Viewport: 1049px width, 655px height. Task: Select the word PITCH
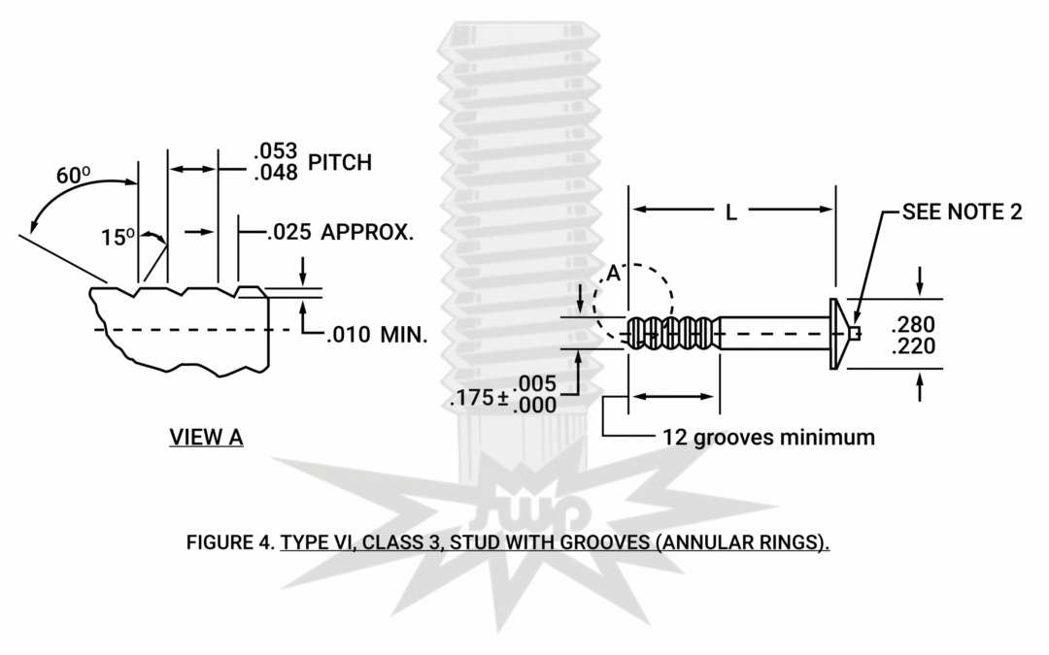point(340,162)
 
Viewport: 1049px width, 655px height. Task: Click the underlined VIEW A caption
point(206,437)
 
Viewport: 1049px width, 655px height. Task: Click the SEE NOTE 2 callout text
point(962,213)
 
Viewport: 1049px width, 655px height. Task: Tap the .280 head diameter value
point(913,324)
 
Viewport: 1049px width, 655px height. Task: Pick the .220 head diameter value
point(913,346)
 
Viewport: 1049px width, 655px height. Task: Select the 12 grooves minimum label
point(768,438)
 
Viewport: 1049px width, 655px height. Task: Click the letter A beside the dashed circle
point(613,275)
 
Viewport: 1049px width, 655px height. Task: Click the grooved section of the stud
point(670,334)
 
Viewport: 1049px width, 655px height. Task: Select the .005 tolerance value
point(537,381)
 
